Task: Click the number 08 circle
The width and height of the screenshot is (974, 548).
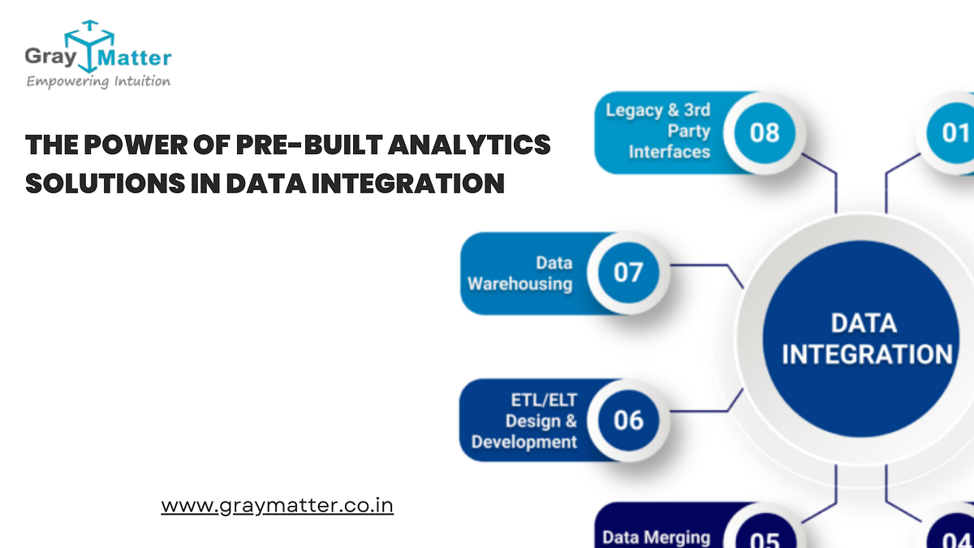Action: (x=764, y=132)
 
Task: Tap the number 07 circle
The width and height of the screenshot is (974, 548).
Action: (x=627, y=273)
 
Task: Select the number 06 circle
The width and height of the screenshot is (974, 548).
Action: (x=627, y=420)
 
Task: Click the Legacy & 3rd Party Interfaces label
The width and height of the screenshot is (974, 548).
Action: (x=658, y=131)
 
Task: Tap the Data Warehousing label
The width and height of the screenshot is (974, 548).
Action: (x=520, y=273)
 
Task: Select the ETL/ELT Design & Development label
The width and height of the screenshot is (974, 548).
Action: (x=525, y=421)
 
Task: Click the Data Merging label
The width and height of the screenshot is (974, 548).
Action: (x=656, y=537)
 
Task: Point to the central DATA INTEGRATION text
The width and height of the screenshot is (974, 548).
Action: (x=866, y=339)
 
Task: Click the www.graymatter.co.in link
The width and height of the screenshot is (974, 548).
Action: (x=278, y=505)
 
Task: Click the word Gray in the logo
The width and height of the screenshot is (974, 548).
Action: (x=50, y=57)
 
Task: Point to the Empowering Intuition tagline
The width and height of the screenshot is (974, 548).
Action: (x=98, y=81)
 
